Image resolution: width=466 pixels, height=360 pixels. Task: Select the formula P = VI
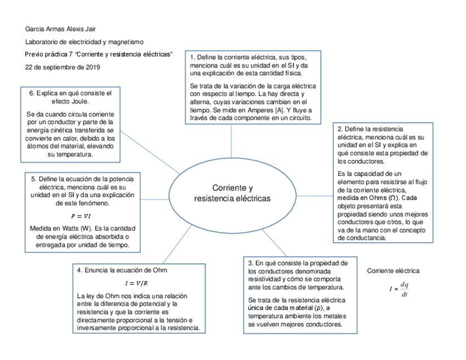(81, 216)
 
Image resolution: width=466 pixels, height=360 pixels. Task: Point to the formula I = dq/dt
(399, 289)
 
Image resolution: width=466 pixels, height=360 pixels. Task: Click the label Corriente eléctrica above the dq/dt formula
(393, 271)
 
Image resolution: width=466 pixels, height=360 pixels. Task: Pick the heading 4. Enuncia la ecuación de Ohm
(121, 270)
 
